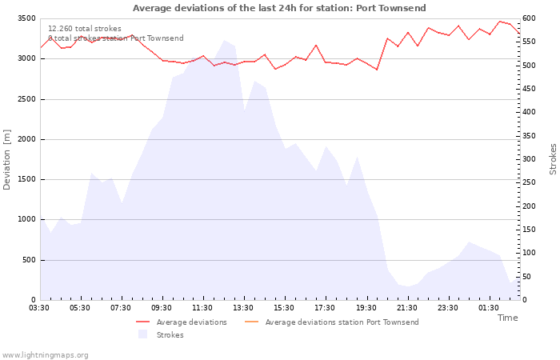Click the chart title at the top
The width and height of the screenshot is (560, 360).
pos(279,8)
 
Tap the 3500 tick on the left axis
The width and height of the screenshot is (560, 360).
pos(24,18)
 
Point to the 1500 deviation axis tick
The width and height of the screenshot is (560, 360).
pos(24,179)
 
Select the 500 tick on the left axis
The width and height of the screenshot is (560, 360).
pos(27,260)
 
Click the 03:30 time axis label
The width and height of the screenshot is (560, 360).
pos(39,307)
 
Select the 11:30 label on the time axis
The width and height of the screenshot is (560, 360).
pos(202,307)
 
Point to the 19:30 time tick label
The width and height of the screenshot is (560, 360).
pos(366,307)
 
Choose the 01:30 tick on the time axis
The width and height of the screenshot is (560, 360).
pos(488,307)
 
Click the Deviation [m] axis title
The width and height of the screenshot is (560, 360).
pos(7,159)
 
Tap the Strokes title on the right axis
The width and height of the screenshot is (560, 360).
pos(553,159)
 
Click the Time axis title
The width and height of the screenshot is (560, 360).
pos(507,318)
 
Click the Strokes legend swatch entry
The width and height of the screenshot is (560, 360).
pos(164,335)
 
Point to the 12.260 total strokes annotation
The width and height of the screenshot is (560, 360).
pos(85,29)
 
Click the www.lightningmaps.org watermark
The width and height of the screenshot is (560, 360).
pos(45,354)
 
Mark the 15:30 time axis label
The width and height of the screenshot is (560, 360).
pos(284,307)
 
